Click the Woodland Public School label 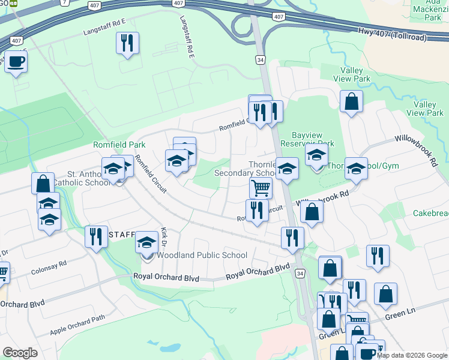click(202, 256)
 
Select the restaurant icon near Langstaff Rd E click(127, 43)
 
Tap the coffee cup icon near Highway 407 click(16, 61)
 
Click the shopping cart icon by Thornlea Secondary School click(261, 188)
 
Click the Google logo click(20, 353)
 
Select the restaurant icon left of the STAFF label click(96, 236)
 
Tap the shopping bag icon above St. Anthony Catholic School click(43, 184)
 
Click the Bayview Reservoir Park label click(312, 139)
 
